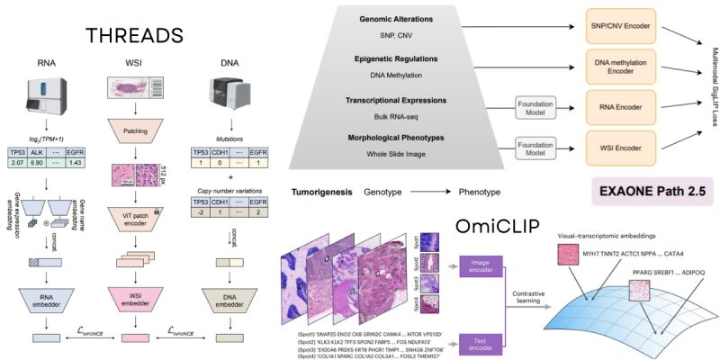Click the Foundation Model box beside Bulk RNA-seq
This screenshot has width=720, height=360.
[541, 105]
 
